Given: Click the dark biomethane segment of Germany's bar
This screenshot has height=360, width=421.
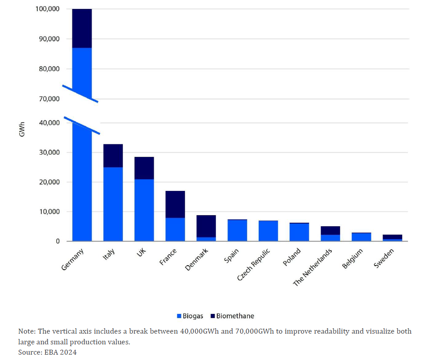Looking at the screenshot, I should pos(82,28).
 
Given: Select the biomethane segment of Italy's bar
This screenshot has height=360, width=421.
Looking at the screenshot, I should pos(113,156).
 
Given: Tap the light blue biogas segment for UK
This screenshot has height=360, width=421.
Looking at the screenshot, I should pos(144,210).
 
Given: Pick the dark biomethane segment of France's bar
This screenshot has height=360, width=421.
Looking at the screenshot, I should pos(175,204).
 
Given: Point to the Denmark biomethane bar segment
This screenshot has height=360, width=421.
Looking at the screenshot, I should pos(206,226).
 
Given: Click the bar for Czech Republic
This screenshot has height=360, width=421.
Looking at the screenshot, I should pos(268,231).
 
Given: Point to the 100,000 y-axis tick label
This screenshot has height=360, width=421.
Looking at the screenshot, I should pos(48,9).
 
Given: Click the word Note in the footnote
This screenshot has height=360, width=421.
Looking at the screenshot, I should pos(26,331).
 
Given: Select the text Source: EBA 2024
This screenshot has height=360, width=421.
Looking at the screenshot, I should pos(47,352).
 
